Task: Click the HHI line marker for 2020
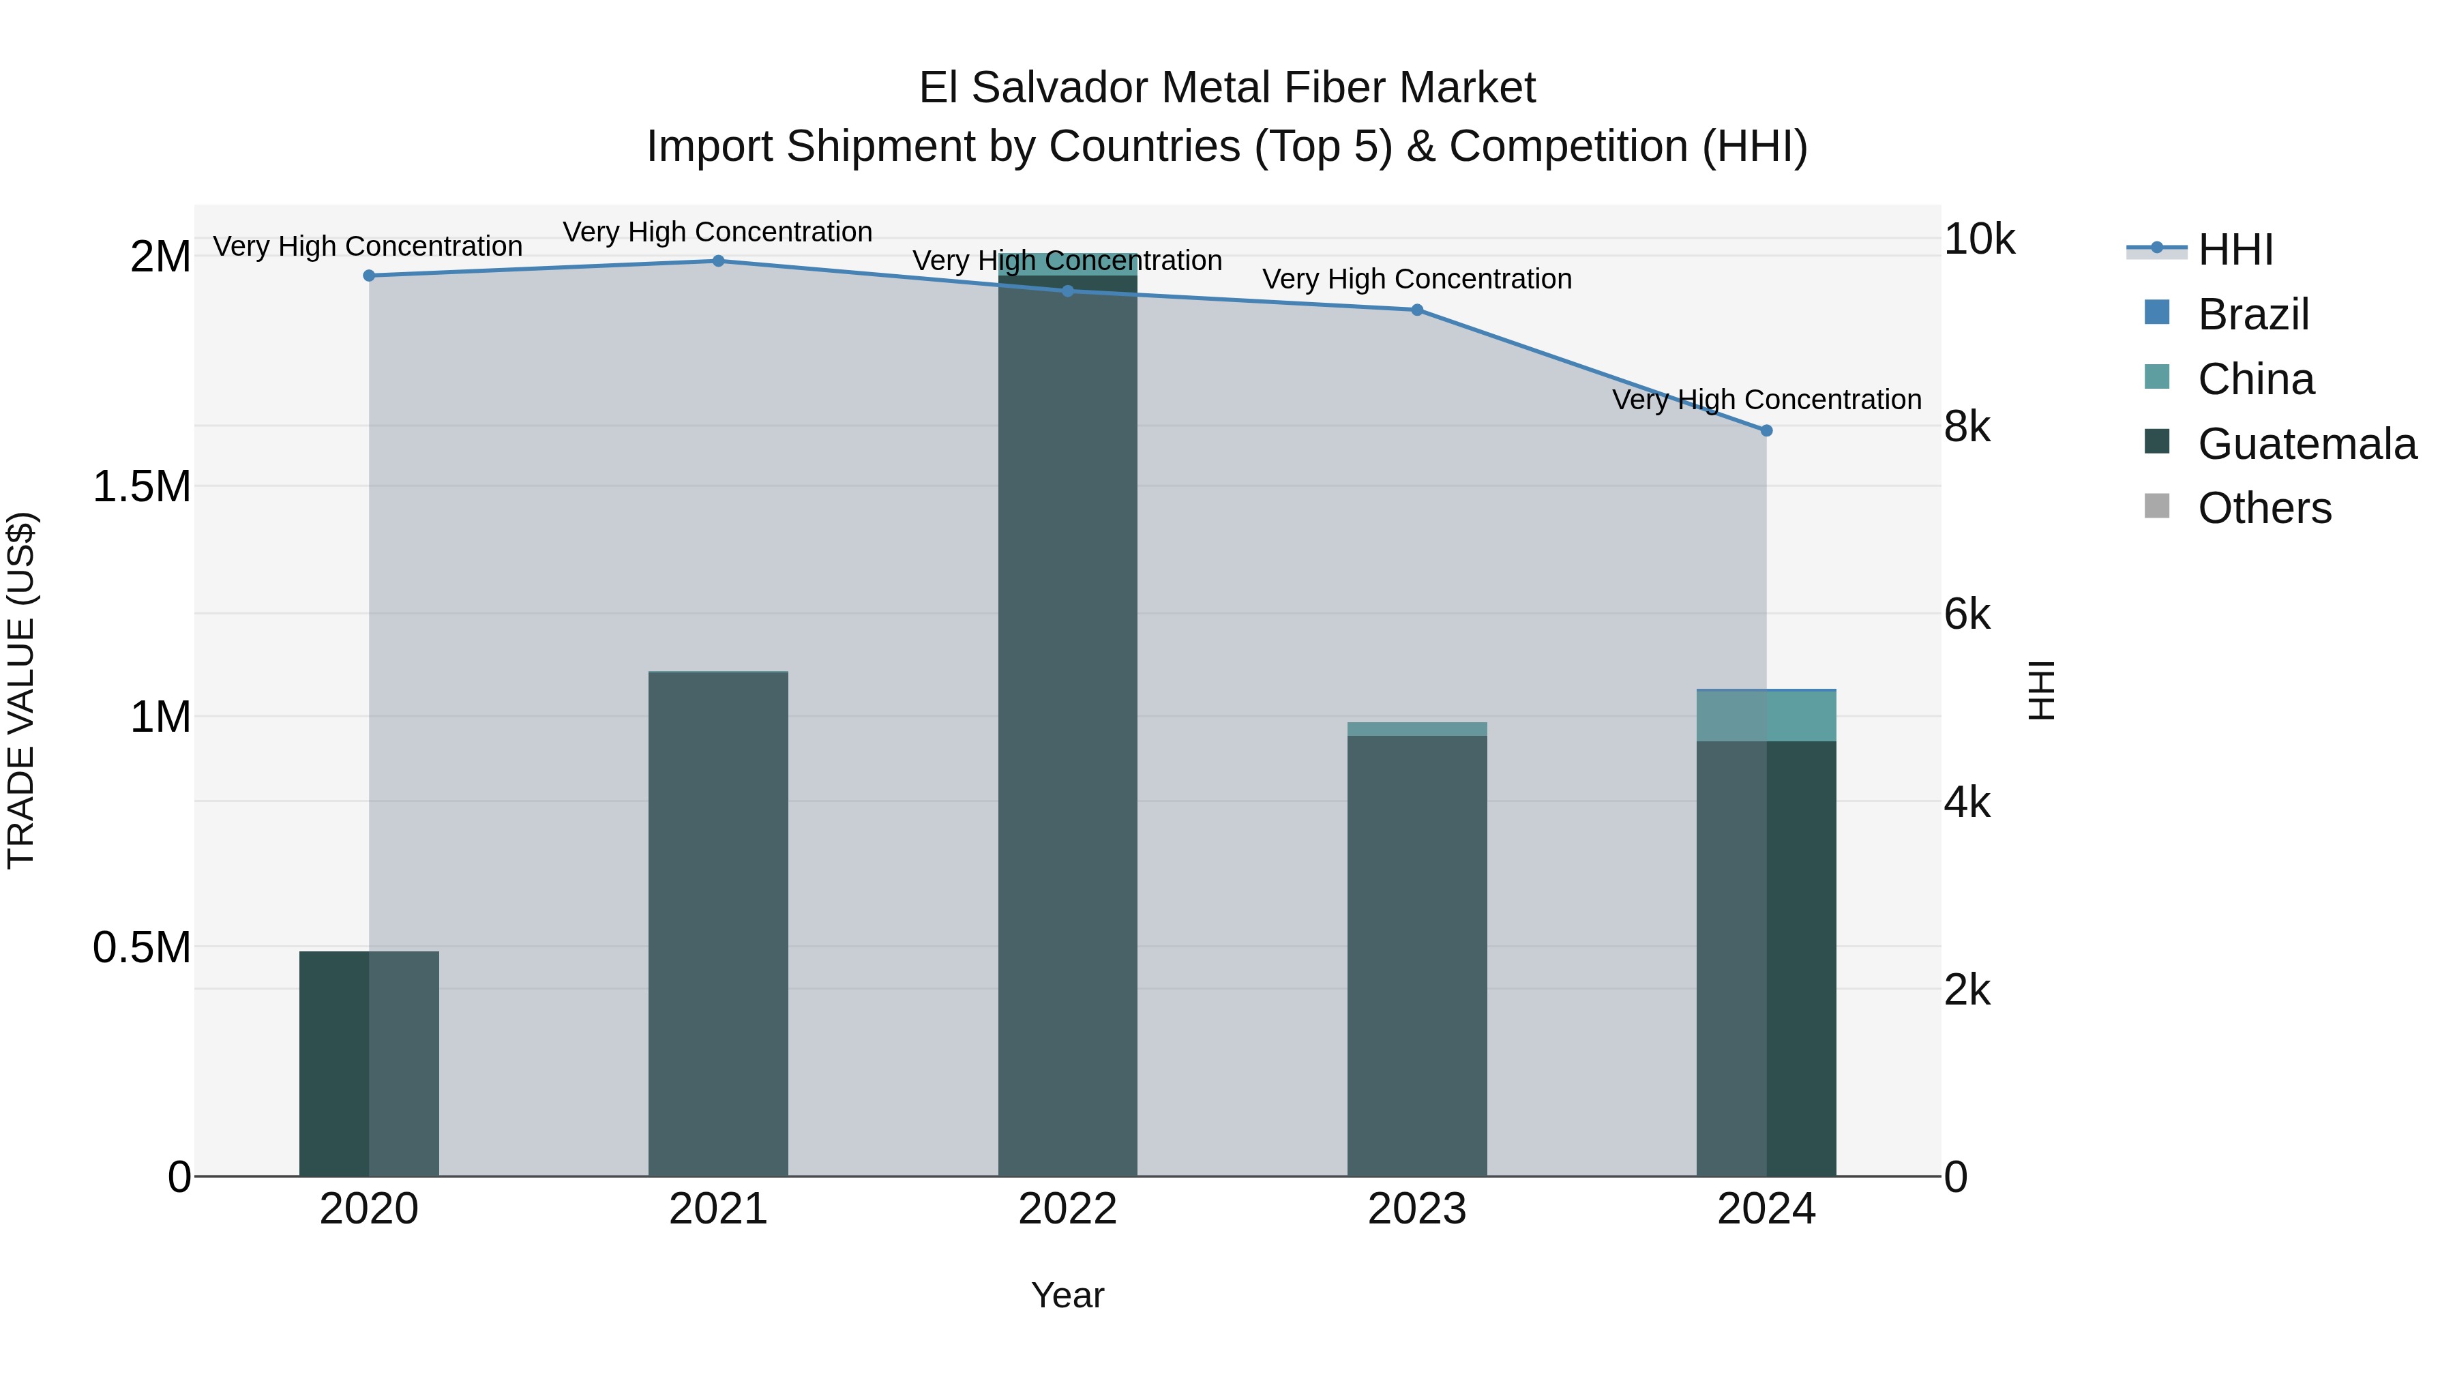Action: [x=369, y=276]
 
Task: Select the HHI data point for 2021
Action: [x=719, y=261]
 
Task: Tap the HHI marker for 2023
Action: [x=1416, y=310]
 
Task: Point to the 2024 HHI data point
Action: [x=1766, y=431]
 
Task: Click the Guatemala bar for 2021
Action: [x=719, y=925]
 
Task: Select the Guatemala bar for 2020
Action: [x=369, y=1063]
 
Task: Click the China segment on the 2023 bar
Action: [x=1416, y=729]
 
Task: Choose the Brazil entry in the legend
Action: [x=2253, y=314]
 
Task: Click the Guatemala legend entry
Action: [x=2306, y=444]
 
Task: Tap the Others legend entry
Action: [x=2263, y=508]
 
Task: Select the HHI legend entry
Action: [x=2235, y=250]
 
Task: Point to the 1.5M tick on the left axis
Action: [x=141, y=486]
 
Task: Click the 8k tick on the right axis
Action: [x=1967, y=427]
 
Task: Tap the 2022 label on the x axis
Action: [x=1067, y=1209]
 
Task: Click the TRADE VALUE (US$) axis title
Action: [x=21, y=690]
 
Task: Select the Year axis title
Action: [x=1067, y=1295]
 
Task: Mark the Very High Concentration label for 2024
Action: [x=1766, y=400]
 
